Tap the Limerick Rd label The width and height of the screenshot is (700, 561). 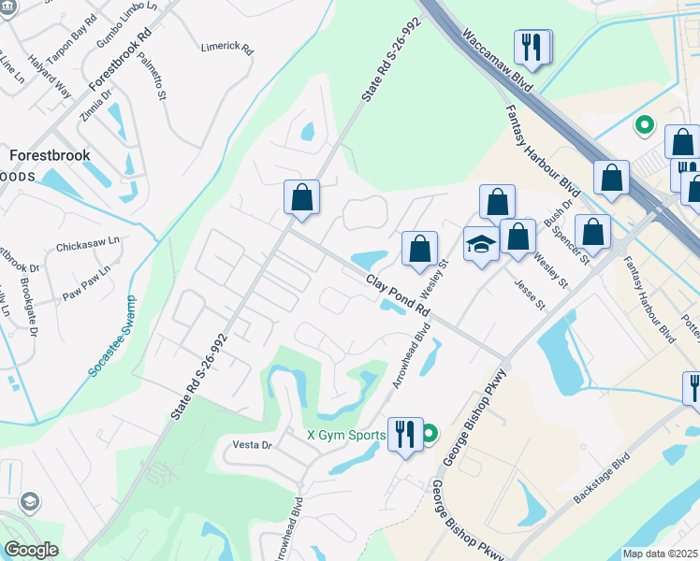point(227,47)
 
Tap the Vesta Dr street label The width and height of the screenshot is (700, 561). point(253,445)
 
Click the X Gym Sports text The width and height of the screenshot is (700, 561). point(346,435)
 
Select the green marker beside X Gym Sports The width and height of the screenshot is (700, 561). point(430,434)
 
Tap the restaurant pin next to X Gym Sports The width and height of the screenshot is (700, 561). point(405,435)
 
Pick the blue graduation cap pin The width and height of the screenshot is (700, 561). point(481,245)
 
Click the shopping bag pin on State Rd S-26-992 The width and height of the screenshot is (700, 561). point(301,197)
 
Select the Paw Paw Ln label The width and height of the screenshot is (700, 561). point(86,282)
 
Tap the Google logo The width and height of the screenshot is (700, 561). point(31,550)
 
